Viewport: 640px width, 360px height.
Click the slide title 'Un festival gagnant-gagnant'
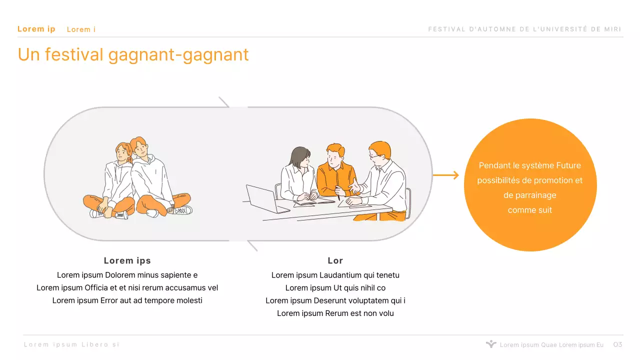[x=133, y=54]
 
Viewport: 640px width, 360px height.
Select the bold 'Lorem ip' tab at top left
[x=36, y=29]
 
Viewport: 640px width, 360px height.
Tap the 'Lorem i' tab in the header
[x=81, y=29]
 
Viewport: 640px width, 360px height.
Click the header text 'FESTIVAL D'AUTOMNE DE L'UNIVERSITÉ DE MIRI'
[x=524, y=29]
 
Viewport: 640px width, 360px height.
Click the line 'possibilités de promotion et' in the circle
[x=530, y=180]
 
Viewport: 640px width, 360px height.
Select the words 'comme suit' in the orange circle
[x=530, y=210]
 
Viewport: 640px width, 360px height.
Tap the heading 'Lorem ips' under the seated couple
[x=127, y=260]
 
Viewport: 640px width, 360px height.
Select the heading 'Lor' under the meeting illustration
[x=335, y=260]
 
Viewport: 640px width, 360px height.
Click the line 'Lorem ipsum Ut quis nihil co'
[x=335, y=288]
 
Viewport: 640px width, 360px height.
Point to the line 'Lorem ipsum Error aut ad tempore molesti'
[x=127, y=300]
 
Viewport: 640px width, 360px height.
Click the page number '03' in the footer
[x=617, y=344]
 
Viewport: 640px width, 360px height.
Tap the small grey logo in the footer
[x=491, y=344]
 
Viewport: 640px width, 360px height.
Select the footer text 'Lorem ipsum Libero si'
[x=72, y=344]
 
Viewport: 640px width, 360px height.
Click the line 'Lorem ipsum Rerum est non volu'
[x=335, y=313]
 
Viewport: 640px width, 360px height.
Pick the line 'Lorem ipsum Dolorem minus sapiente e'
[x=127, y=275]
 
